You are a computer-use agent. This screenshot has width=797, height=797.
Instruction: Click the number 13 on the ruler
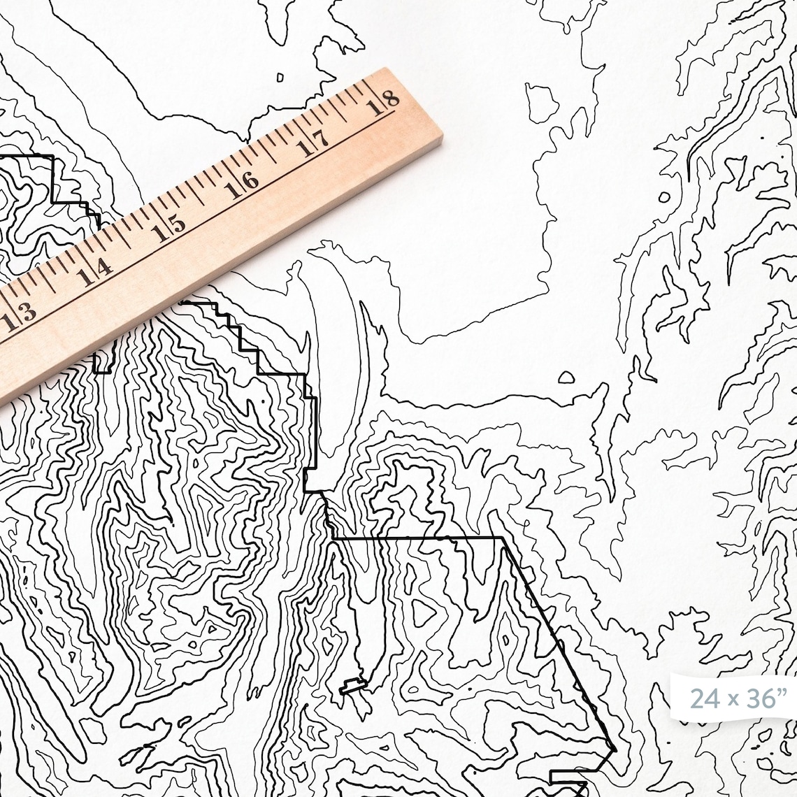point(19,317)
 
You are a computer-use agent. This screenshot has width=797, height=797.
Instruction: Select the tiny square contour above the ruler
point(280,77)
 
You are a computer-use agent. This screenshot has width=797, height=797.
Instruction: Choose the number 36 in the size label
point(756,698)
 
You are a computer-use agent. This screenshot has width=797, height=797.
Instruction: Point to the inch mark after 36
point(777,692)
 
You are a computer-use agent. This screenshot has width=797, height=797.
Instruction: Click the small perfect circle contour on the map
point(663,197)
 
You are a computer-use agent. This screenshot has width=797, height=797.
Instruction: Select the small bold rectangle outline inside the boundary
point(353,685)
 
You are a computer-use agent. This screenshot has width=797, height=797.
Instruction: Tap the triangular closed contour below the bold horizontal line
point(422,612)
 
